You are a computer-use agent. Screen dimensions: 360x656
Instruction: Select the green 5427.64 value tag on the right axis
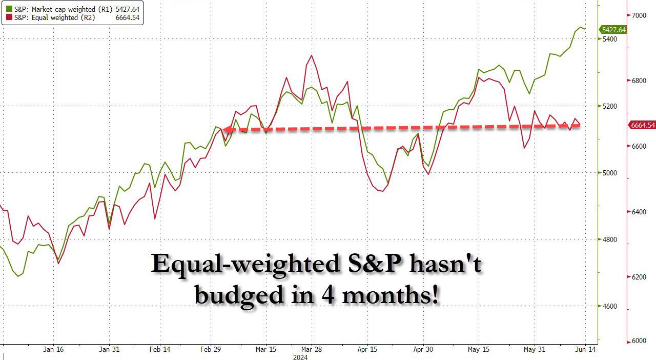click(612, 30)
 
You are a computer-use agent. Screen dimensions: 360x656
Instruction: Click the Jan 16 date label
click(53, 349)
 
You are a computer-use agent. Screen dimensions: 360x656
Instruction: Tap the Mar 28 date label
click(311, 349)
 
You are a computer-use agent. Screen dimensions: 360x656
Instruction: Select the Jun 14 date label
click(585, 349)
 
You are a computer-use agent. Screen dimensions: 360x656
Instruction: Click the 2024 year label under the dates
click(300, 357)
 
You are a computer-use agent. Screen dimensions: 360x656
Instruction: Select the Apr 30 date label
click(423, 349)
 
